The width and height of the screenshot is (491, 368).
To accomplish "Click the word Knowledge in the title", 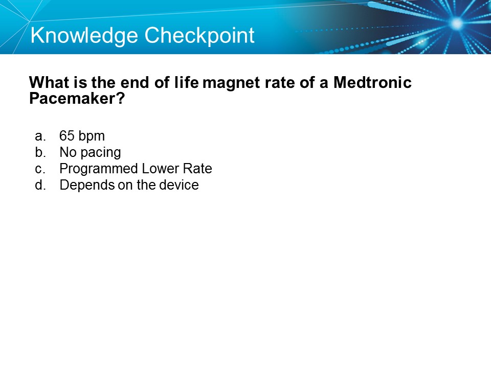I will point(84,36).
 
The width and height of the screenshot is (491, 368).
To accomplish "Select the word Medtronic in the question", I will point(372,83).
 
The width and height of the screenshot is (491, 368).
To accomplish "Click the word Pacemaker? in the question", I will point(77,99).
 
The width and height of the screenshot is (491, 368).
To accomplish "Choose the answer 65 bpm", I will point(82,136).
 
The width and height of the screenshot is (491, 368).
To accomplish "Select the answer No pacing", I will point(90,152).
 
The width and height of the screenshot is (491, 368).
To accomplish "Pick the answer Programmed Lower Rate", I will point(136,169).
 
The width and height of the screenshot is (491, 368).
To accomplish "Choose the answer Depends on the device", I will point(129,185).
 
